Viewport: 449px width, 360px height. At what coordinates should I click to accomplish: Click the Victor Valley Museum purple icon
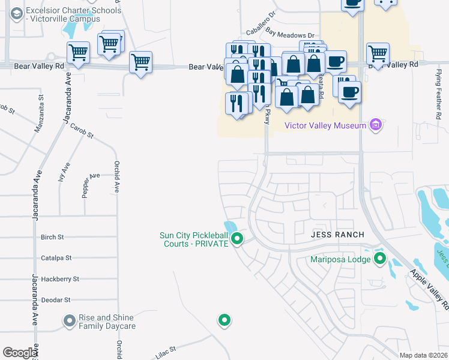point(376,125)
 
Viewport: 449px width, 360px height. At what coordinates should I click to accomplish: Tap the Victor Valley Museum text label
point(325,125)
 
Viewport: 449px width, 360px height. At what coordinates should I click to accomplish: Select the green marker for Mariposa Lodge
point(379,259)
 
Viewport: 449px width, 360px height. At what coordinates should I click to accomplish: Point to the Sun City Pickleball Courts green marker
point(237,239)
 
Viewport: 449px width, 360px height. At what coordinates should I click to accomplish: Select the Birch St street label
point(52,237)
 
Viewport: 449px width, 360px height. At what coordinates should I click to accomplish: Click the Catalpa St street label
point(56,258)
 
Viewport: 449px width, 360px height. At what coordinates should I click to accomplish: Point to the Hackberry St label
point(59,279)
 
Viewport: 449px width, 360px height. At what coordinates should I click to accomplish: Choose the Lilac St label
point(166,352)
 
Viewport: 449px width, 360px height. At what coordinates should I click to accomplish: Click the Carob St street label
point(82,131)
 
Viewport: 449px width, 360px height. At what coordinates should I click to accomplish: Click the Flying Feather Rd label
point(438,83)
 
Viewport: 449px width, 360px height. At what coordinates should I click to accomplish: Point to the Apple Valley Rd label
point(429,289)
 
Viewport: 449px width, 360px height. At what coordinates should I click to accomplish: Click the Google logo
point(20,353)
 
